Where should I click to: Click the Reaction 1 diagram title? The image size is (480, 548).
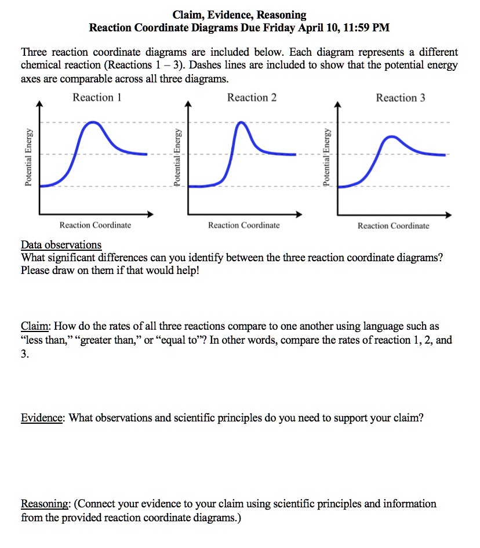(x=97, y=98)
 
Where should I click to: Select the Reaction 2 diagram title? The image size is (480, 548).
(x=252, y=98)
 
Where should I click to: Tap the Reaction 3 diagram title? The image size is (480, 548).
(x=400, y=98)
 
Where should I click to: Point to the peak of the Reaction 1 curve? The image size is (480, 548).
(x=92, y=122)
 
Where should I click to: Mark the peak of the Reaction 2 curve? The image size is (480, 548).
(x=242, y=122)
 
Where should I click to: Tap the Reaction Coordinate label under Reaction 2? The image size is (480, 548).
(x=243, y=225)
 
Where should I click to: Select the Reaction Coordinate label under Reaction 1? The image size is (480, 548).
(x=95, y=225)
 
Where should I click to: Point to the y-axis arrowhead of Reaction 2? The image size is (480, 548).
(x=188, y=104)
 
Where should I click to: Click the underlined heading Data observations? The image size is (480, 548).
(x=61, y=244)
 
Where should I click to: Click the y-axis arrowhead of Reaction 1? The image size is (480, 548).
(x=39, y=104)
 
